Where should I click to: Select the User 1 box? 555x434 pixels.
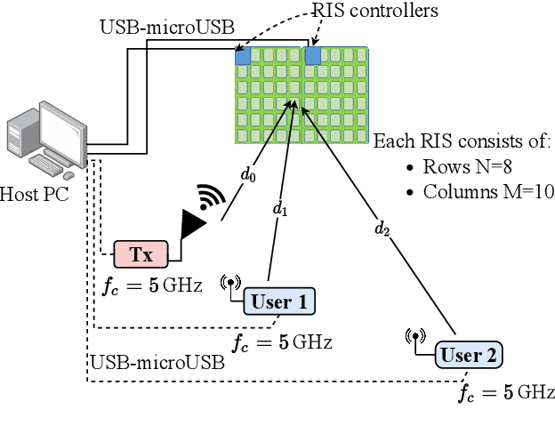278,301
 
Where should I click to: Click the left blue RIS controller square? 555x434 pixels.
242,56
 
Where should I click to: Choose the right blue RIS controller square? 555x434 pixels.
312,56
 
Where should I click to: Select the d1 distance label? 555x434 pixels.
280,210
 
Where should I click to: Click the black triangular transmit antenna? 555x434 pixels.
191,225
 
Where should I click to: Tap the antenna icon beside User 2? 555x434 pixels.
415,338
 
